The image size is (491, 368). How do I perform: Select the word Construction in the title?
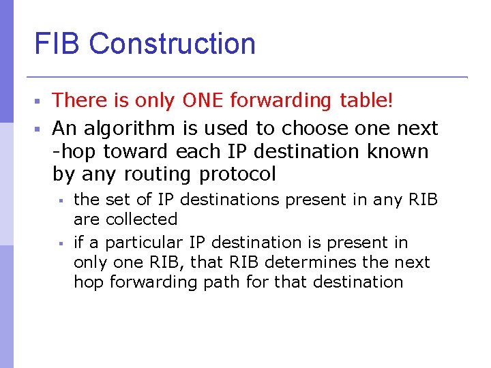pyautogui.click(x=172, y=44)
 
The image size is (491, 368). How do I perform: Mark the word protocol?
pyautogui.click(x=237, y=174)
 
